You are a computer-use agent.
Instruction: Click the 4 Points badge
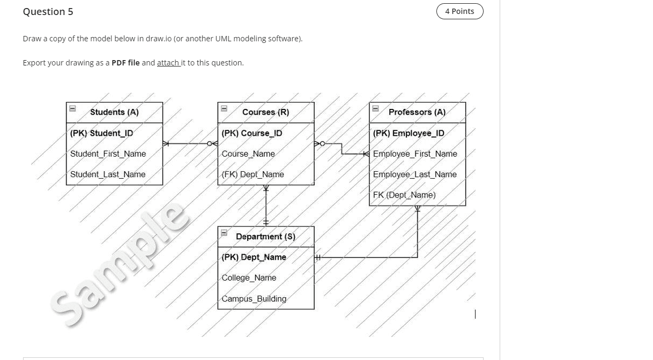459,11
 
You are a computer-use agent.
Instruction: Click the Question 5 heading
48,12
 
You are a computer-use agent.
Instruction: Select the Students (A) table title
114,112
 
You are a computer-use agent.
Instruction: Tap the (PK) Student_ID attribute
101,133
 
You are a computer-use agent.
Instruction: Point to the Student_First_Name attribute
108,154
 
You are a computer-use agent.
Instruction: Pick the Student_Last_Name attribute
108,174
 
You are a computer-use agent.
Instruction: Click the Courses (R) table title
265,112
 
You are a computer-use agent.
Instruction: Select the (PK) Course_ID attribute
251,133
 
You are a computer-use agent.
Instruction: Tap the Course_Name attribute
248,154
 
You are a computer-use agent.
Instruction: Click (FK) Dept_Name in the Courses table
253,174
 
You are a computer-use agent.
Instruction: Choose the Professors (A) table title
417,112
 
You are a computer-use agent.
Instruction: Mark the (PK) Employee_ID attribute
409,133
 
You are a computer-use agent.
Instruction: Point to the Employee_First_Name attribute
415,154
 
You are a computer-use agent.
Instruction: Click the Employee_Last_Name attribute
414,174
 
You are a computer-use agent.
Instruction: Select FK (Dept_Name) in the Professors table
404,195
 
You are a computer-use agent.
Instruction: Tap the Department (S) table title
265,237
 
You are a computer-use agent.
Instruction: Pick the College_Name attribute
249,278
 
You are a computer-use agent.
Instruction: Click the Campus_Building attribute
254,299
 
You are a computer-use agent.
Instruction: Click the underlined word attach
168,63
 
